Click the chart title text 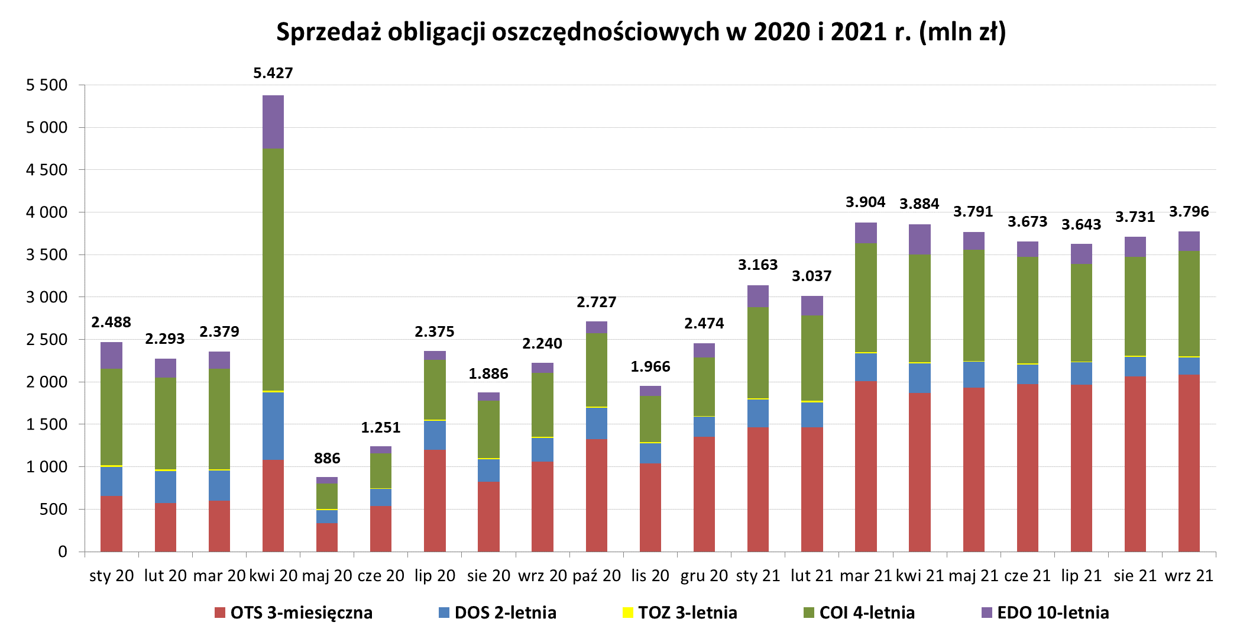tap(640, 32)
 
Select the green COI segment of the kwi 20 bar tap(273, 269)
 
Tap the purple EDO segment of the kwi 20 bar tap(273, 122)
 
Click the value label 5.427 tap(273, 73)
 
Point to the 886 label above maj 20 tap(327, 458)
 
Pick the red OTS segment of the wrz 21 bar tap(1189, 463)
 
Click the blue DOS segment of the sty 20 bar tap(111, 481)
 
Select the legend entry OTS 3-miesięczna tap(293, 613)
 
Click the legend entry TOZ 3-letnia tap(680, 613)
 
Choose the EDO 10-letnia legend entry tap(1045, 613)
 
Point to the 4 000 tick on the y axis tap(47, 212)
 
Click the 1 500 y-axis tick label tap(47, 424)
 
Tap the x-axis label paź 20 tap(597, 575)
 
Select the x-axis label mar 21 tap(865, 575)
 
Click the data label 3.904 tap(865, 202)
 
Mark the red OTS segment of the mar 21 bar tap(866, 466)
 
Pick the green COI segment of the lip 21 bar tap(1081, 312)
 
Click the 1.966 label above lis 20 tap(650, 366)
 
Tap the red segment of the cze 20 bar tap(381, 529)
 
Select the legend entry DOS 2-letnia tap(497, 613)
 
